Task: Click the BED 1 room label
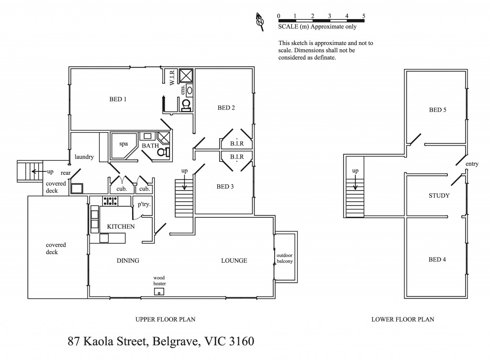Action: [118, 100]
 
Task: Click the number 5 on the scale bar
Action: [364, 16]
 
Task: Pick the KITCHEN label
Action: [121, 226]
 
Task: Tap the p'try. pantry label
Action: [144, 204]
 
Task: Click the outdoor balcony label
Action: [285, 258]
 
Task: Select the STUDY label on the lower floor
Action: [439, 196]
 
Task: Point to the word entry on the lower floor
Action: [472, 164]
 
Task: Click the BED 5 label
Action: [437, 110]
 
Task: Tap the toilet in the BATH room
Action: [164, 152]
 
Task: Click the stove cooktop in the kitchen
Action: [111, 201]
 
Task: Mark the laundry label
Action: [84, 157]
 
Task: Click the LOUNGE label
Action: [234, 261]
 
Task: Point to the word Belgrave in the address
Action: [176, 342]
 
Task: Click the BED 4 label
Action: [437, 260]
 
